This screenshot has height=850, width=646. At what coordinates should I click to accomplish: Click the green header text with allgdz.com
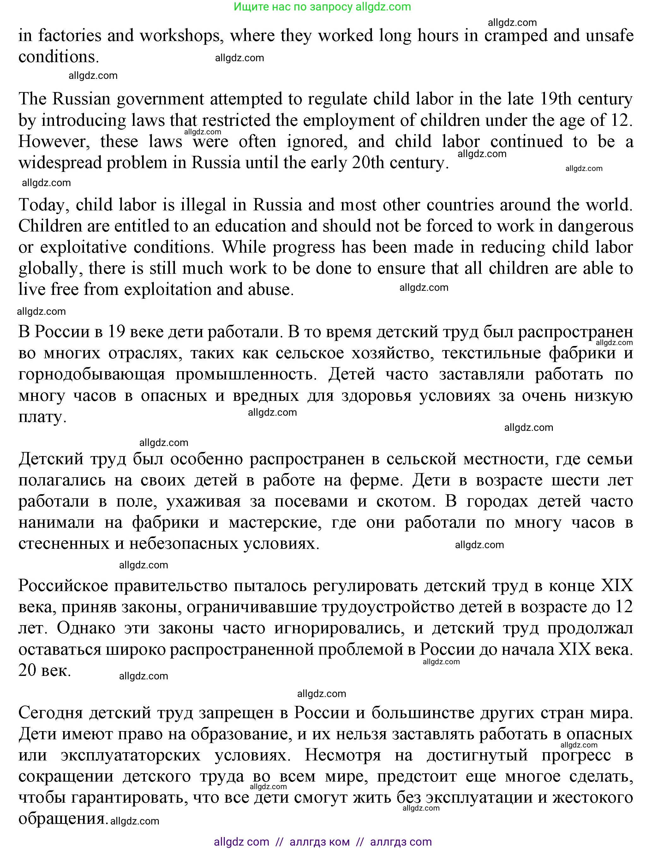[322, 7]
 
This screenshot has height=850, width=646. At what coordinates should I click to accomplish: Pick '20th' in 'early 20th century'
[368, 162]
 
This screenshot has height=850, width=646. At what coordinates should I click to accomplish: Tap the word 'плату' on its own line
[42, 417]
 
